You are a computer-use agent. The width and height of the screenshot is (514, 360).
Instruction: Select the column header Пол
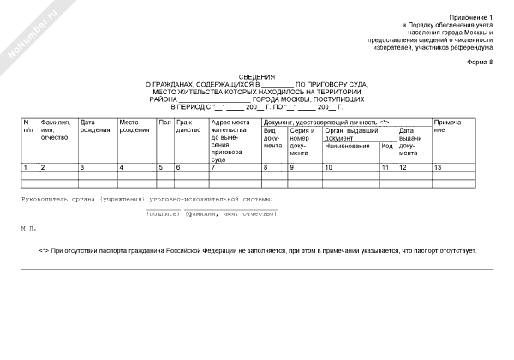164,123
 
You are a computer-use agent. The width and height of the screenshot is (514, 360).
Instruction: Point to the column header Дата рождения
94,126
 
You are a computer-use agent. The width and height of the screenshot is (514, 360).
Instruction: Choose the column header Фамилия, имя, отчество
57,129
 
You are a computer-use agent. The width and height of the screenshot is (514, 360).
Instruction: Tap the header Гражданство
188,126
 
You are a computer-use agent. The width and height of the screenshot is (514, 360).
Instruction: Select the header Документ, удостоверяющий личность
326,123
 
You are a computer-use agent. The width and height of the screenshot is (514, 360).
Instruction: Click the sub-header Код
387,147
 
